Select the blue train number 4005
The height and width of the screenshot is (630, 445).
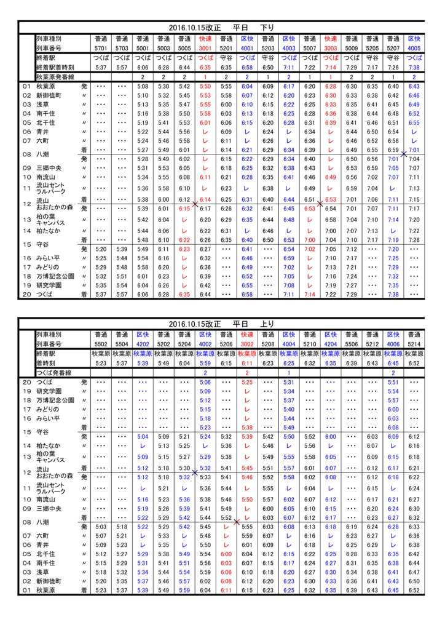coord(414,47)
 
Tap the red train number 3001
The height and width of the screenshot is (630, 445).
coord(205,47)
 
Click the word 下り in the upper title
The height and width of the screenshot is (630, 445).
coord(267,28)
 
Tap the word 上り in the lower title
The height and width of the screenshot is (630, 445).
coord(267,324)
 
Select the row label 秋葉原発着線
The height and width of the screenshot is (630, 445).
coord(55,77)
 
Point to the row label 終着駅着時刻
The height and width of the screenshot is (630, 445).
coord(55,67)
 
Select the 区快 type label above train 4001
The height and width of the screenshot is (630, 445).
coord(247,38)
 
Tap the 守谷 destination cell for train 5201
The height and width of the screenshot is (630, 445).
coord(226,58)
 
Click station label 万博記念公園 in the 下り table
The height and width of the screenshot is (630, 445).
coord(55,276)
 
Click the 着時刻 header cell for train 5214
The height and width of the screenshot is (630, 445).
coord(414,363)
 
